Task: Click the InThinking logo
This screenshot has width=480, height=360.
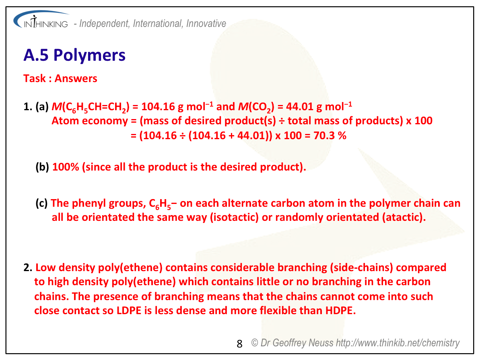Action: pos(41,20)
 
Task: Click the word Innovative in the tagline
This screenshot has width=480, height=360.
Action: pos(206,24)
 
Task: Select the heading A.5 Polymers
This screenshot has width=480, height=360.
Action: pos(74,55)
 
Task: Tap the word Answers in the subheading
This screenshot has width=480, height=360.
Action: pos(76,78)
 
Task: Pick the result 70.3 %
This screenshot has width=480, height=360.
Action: pos(330,135)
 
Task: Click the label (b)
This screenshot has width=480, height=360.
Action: pos(42,167)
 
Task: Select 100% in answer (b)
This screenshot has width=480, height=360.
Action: pos(66,167)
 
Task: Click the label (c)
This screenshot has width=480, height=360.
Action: pos(41,203)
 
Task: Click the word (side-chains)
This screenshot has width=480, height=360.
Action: pos(361,267)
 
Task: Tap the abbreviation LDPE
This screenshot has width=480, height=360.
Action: pos(129,311)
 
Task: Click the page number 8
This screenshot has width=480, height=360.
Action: pos(240,344)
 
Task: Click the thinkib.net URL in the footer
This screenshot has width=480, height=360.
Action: pos(398,343)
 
